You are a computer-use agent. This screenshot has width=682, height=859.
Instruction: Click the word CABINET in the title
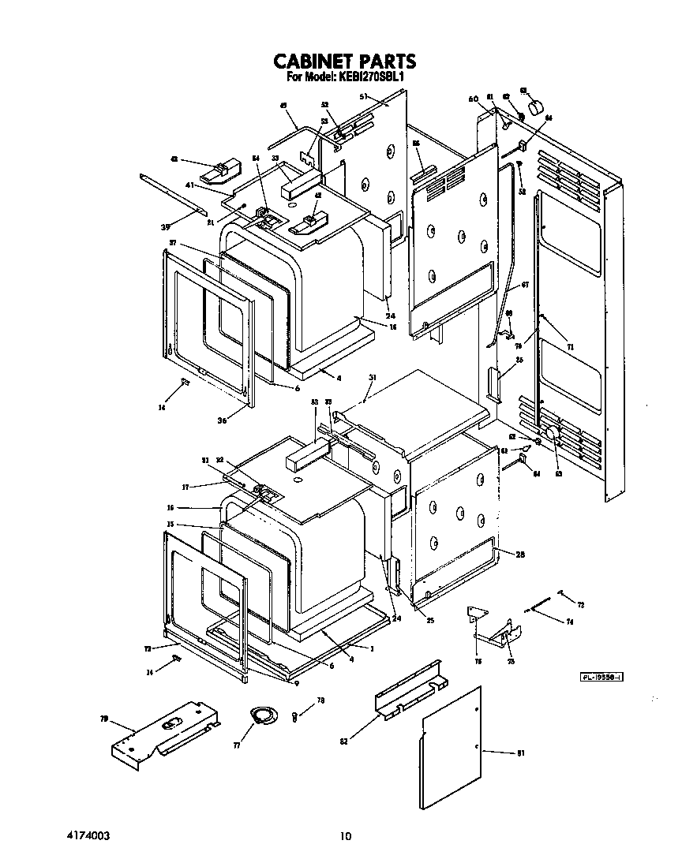point(309,62)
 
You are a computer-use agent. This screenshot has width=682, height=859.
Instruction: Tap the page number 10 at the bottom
point(344,836)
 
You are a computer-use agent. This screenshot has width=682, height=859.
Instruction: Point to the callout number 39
point(166,227)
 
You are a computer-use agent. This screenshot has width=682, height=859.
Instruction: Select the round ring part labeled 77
point(263,715)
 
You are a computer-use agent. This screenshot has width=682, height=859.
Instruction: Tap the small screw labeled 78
point(294,715)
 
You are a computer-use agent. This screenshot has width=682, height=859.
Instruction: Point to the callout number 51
point(364,96)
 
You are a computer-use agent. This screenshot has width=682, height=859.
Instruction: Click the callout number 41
point(189,185)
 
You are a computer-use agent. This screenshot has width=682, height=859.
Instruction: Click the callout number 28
point(520,555)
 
